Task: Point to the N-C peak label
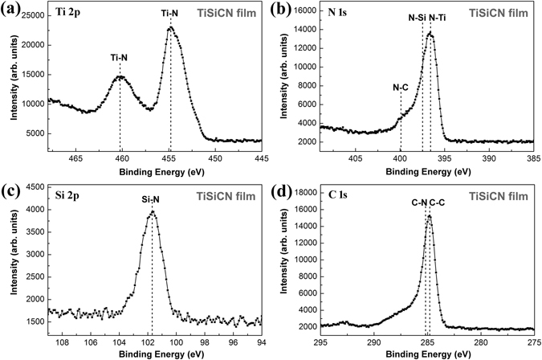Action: [401, 86]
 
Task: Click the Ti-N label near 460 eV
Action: [120, 57]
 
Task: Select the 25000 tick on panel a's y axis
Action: [35, 16]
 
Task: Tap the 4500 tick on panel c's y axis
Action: [37, 187]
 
